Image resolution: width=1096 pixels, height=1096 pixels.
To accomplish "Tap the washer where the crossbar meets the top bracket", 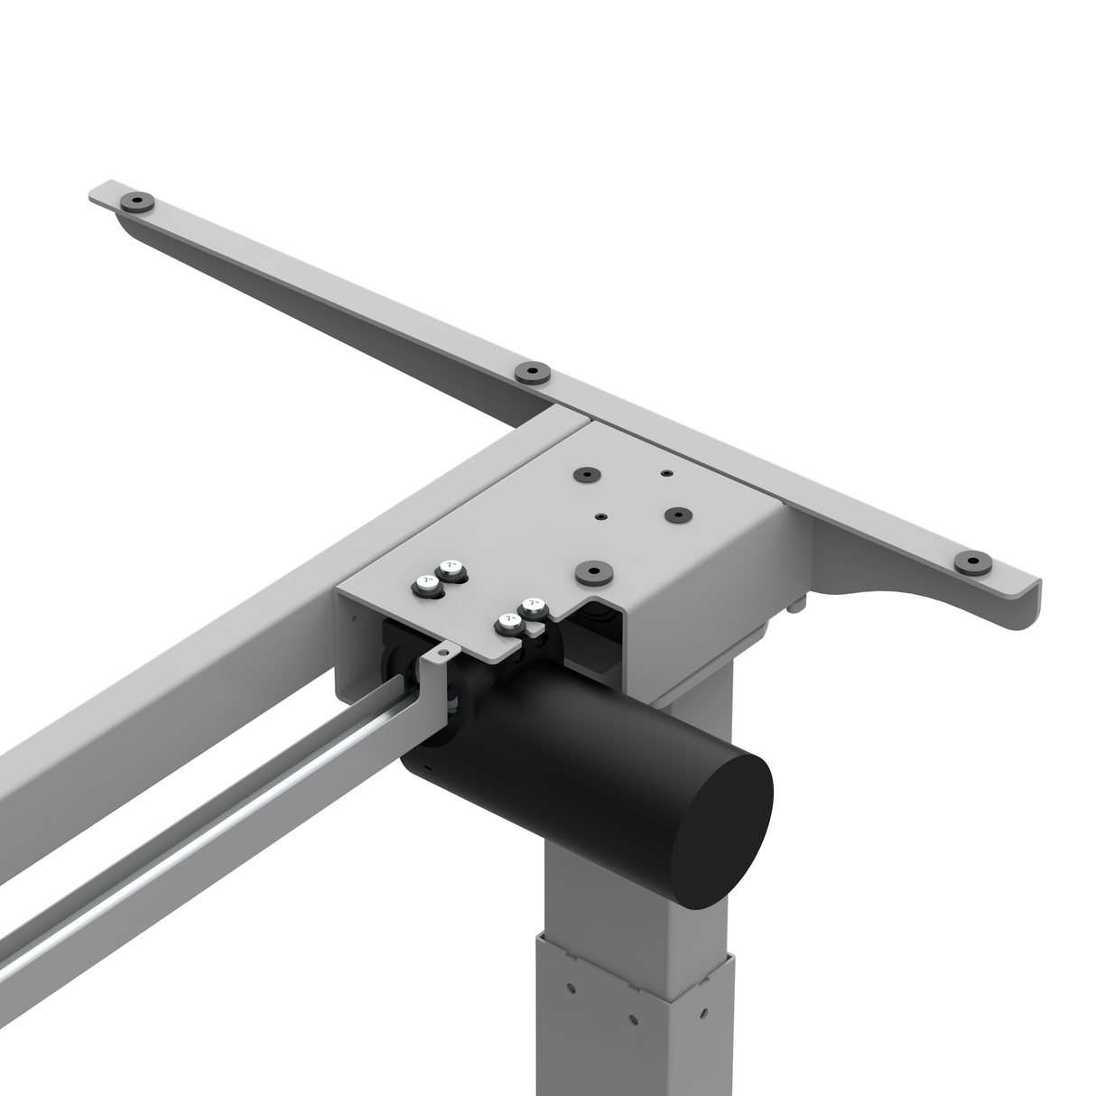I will [532, 371].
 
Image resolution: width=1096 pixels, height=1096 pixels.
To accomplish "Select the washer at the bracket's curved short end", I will [973, 563].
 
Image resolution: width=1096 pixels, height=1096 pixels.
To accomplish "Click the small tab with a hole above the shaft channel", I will [441, 651].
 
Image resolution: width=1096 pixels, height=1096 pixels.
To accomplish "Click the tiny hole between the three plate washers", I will [600, 516].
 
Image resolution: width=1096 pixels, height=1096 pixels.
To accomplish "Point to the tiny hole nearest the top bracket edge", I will [665, 472].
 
